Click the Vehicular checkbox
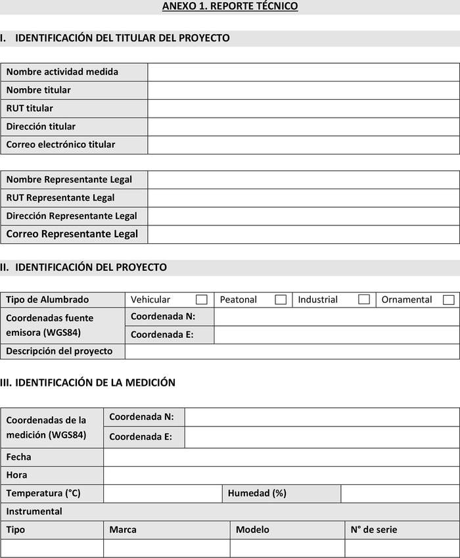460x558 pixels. click(x=202, y=300)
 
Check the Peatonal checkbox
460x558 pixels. click(x=281, y=300)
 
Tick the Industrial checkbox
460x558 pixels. click(x=364, y=300)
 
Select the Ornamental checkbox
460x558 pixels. click(x=449, y=300)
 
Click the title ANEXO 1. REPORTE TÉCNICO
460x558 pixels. click(x=230, y=7)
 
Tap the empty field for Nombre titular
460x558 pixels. click(x=303, y=90)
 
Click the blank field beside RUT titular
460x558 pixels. click(x=303, y=108)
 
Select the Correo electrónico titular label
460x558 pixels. click(x=60, y=145)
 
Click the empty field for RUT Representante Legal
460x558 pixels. click(x=303, y=198)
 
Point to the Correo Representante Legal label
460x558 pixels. click(x=72, y=234)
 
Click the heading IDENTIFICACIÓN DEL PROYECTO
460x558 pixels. click(x=91, y=267)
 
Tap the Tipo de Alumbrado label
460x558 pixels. click(x=47, y=300)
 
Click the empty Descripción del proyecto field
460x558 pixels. click(x=292, y=351)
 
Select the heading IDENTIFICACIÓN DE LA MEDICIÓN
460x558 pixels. click(x=95, y=383)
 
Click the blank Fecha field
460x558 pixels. click(x=281, y=457)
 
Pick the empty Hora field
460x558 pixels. click(x=281, y=475)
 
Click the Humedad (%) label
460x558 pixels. click(x=257, y=493)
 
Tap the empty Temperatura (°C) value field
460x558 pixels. click(x=162, y=493)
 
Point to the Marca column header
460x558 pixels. click(x=123, y=530)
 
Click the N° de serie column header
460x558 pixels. click(x=373, y=530)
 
